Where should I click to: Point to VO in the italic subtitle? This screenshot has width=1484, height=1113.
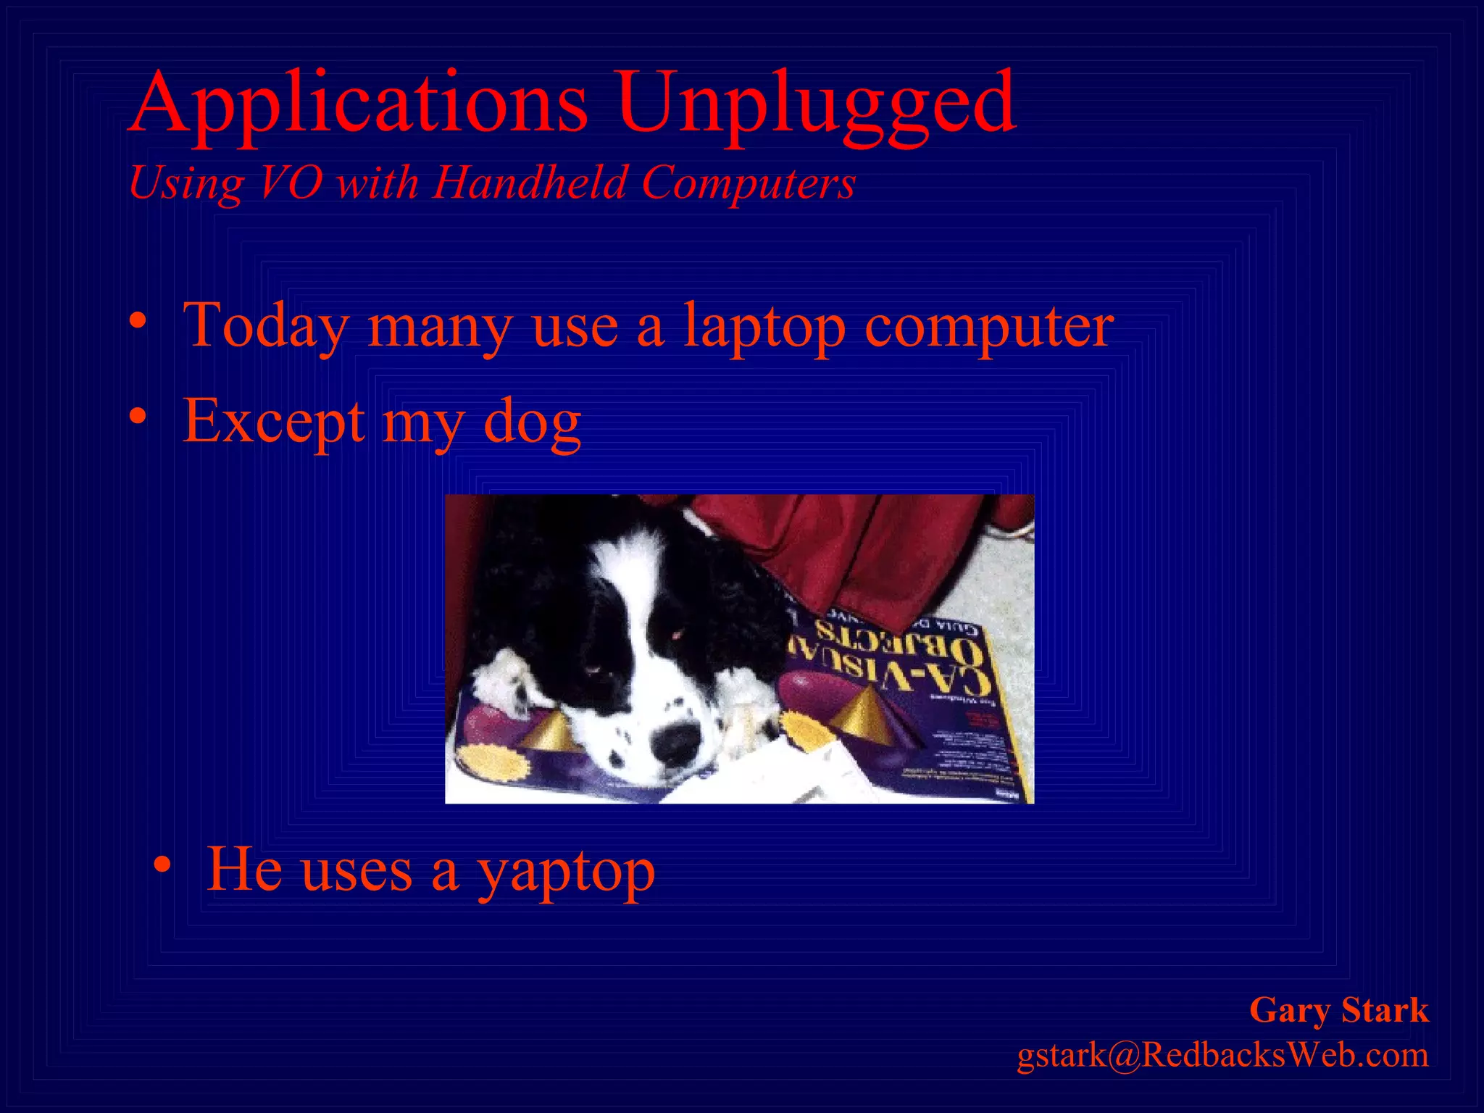click(x=290, y=182)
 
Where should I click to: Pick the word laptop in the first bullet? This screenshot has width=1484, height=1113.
click(x=764, y=326)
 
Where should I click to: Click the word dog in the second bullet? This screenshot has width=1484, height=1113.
click(x=532, y=422)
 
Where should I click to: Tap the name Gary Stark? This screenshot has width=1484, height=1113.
click(x=1338, y=1009)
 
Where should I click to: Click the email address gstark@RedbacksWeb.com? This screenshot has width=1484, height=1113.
click(x=1222, y=1054)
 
